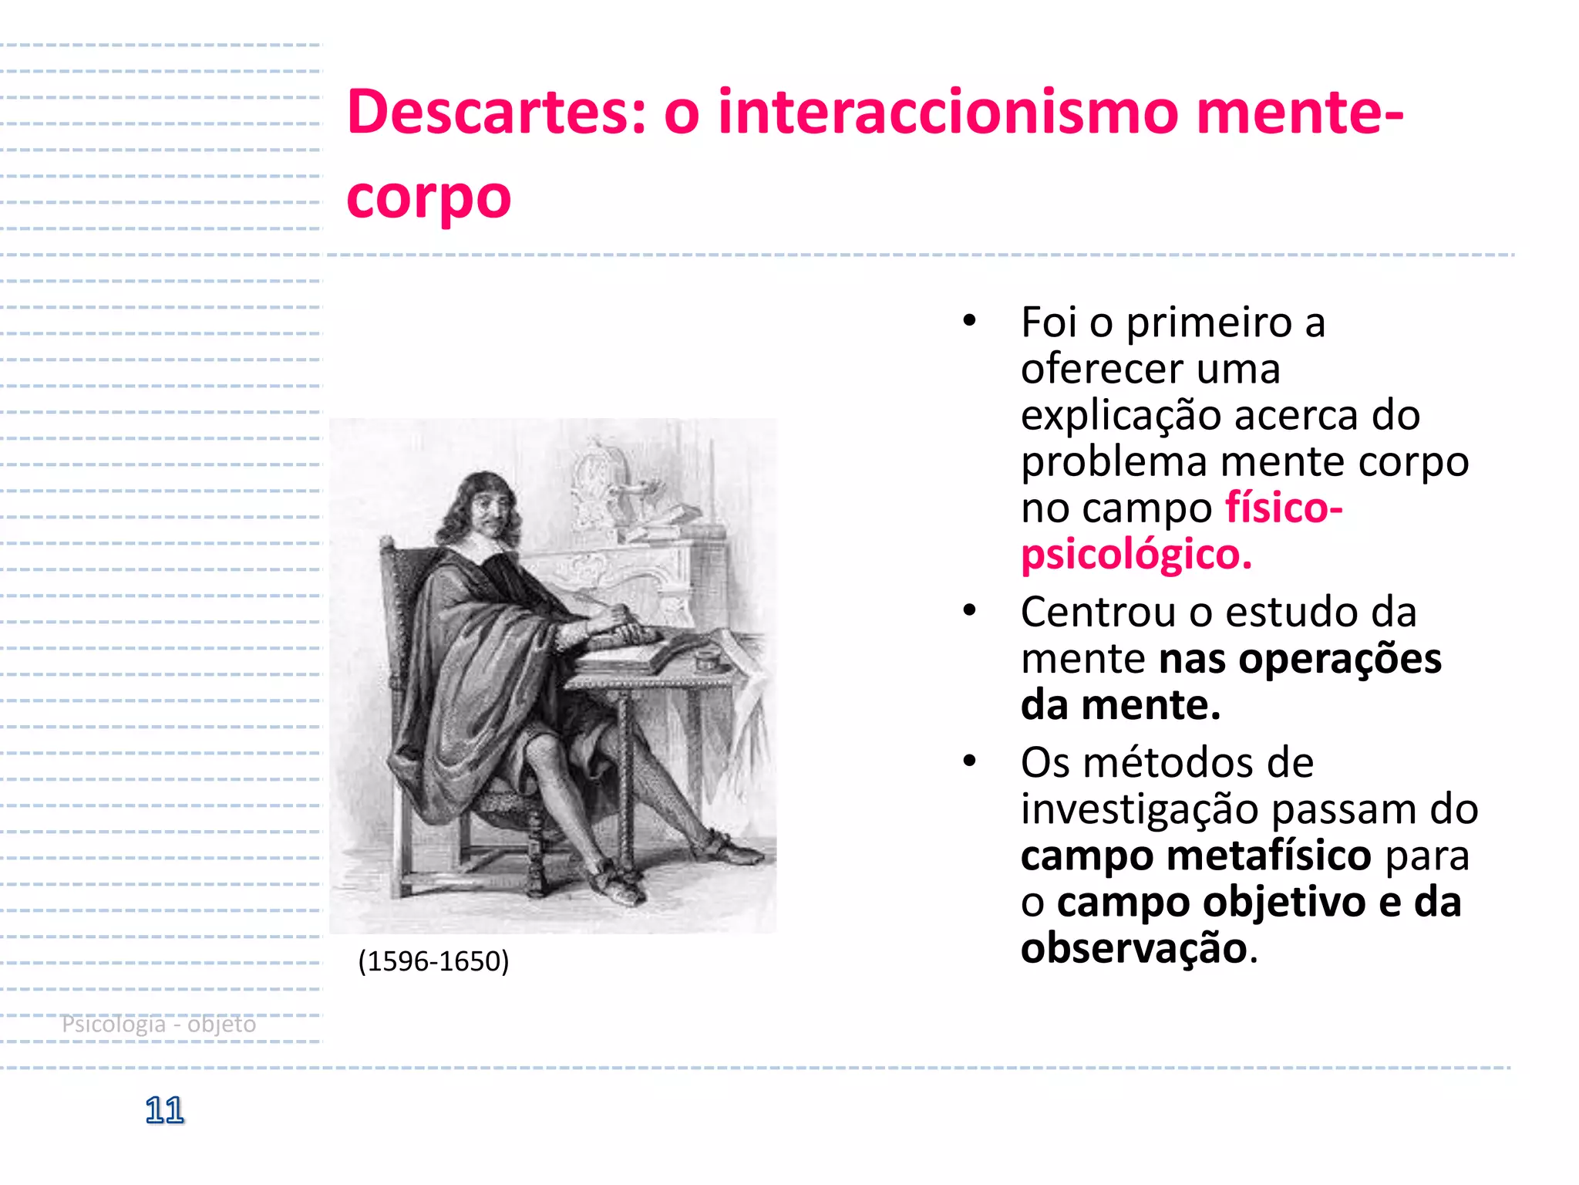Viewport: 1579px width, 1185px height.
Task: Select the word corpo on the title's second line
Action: [x=429, y=197]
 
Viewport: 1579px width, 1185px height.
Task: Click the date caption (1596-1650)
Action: [x=433, y=961]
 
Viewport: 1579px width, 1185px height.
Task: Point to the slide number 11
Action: [x=164, y=1110]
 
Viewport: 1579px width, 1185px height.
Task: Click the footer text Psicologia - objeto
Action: [x=159, y=1024]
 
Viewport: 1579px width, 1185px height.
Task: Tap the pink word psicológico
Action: [x=1136, y=555]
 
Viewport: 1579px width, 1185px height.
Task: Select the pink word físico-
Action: [x=1284, y=508]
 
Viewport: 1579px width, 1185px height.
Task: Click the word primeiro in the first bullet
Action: [x=1209, y=322]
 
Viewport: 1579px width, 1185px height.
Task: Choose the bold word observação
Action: [x=1133, y=948]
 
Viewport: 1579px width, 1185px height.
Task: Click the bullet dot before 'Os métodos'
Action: [x=969, y=762]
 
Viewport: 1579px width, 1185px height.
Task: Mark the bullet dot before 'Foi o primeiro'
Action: [x=969, y=322]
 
